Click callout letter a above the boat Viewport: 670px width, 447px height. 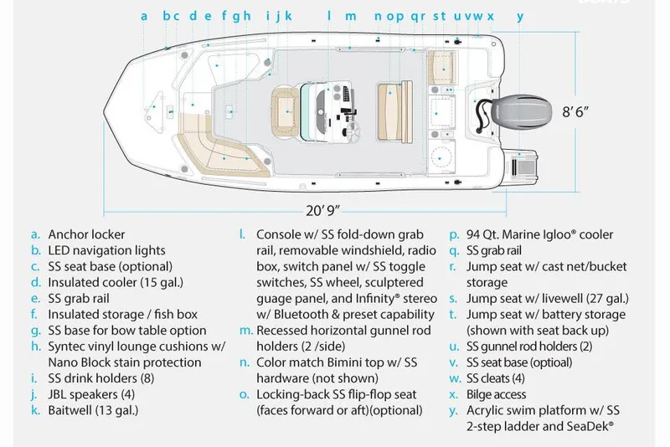coord(144,16)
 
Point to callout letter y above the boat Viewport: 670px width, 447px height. coord(520,16)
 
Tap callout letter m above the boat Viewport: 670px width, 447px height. coord(351,16)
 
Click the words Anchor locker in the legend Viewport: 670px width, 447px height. coord(86,234)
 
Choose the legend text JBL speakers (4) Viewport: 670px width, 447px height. coord(92,394)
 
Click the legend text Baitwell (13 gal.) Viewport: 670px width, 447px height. coord(93,410)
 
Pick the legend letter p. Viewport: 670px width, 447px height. coord(453,235)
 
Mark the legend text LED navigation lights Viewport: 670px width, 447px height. coord(106,250)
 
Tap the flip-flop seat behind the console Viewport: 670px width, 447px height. coord(392,110)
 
